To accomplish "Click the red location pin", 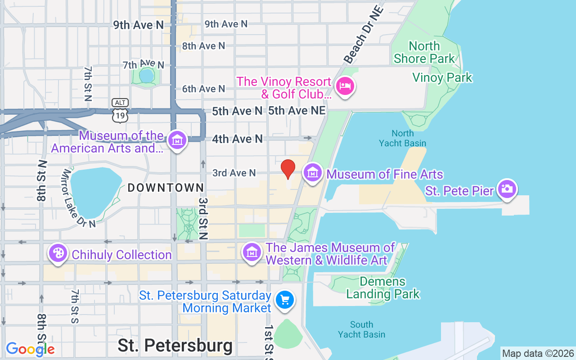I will [x=288, y=169].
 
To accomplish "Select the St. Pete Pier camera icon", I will [x=507, y=189].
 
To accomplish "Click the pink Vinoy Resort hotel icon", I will [x=345, y=86].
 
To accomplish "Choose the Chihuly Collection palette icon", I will [x=58, y=253].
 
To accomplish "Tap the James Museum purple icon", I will [x=252, y=252].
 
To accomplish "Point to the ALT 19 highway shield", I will [x=120, y=111].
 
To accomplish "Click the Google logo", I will [x=30, y=349].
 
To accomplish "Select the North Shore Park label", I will [x=424, y=52].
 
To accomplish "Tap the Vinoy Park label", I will [x=442, y=77].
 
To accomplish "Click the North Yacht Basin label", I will [x=402, y=138].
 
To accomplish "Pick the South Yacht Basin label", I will [x=361, y=329].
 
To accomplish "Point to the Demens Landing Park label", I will [x=382, y=288].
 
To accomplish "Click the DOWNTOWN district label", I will [x=166, y=188].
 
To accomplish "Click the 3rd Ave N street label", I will [x=234, y=173].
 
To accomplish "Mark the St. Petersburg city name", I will [x=175, y=346].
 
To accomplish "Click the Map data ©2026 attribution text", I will [x=538, y=353].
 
